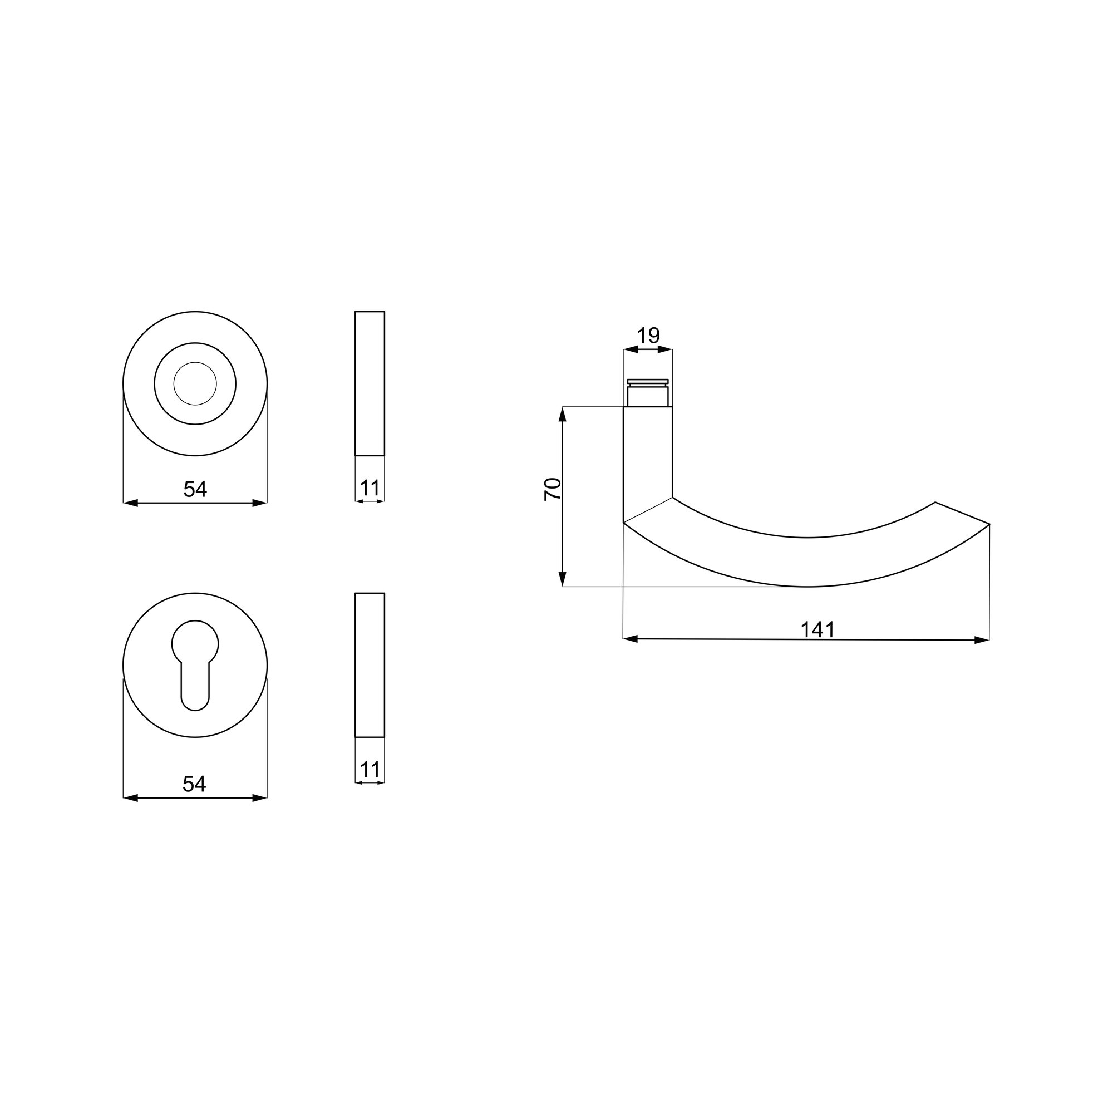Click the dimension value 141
[817, 629]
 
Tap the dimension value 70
[553, 489]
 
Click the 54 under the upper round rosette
[195, 489]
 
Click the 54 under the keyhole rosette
[194, 784]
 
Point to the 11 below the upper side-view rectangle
[370, 488]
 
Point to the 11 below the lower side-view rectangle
[370, 770]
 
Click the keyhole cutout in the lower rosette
[195, 665]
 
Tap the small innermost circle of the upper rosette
[195, 383]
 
